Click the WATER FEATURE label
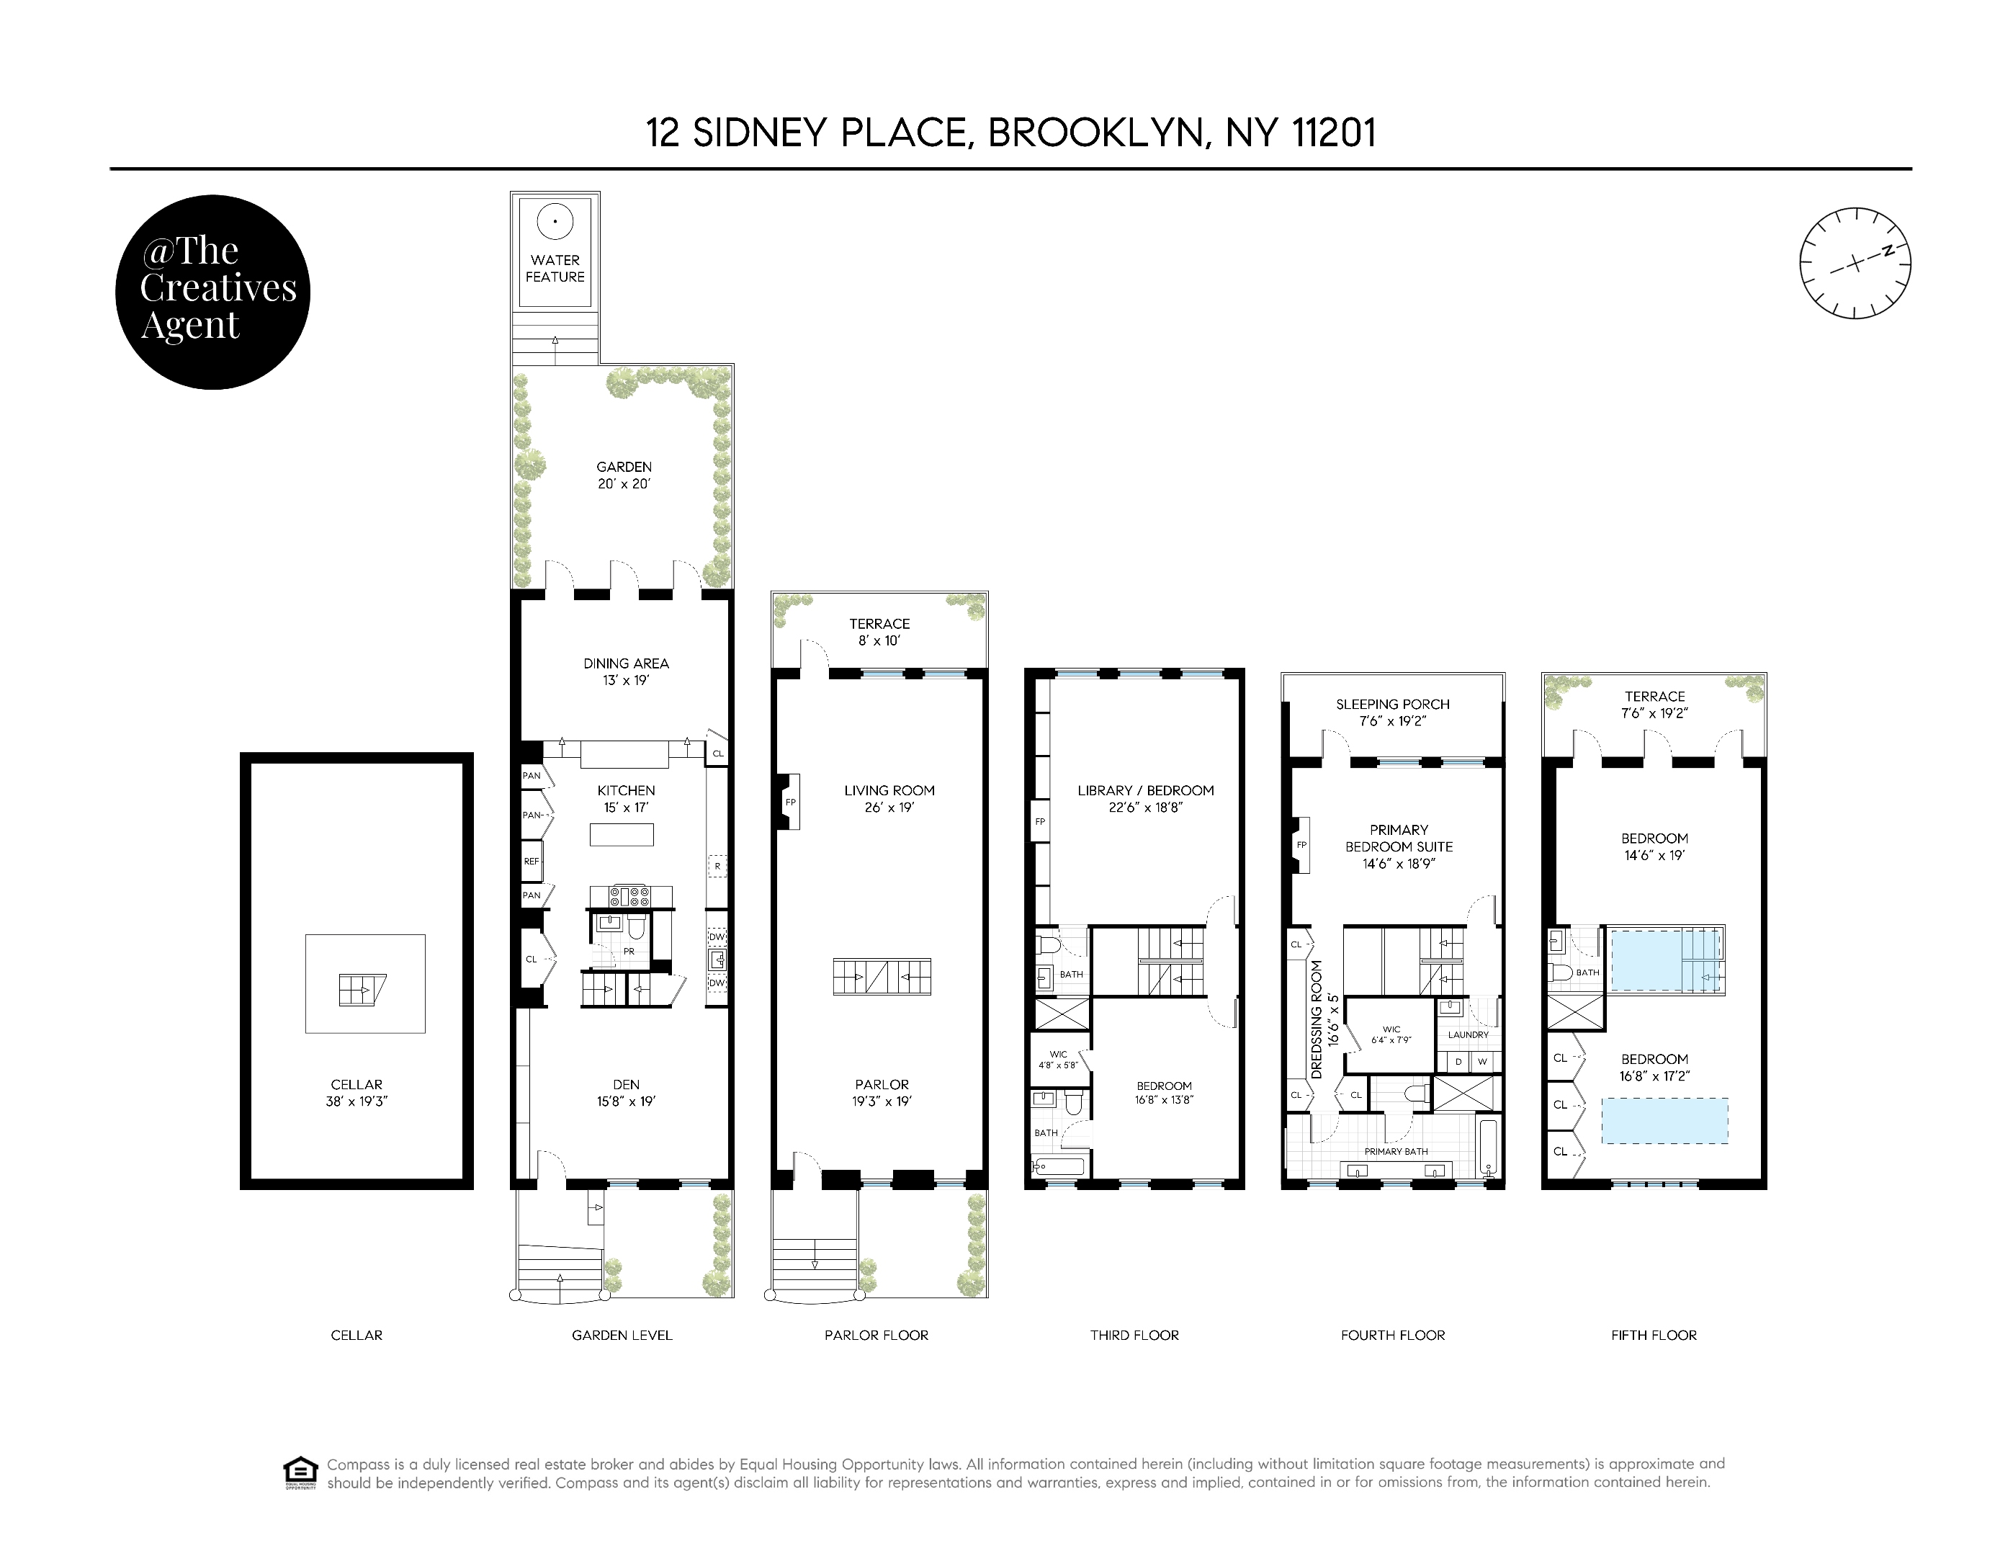coord(555,268)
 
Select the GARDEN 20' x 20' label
coord(624,475)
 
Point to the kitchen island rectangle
coord(622,834)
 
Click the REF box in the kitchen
coord(532,862)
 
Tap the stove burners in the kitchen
coord(632,895)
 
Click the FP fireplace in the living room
coord(789,802)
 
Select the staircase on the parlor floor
coord(882,976)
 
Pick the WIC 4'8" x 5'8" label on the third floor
coord(1058,1059)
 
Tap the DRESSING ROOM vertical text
coord(1317,1019)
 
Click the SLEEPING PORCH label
coord(1393,712)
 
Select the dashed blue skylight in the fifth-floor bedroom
coord(1664,1120)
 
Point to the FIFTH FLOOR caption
coord(1654,1335)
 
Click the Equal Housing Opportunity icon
coord(300,1472)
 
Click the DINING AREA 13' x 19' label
coord(626,671)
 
